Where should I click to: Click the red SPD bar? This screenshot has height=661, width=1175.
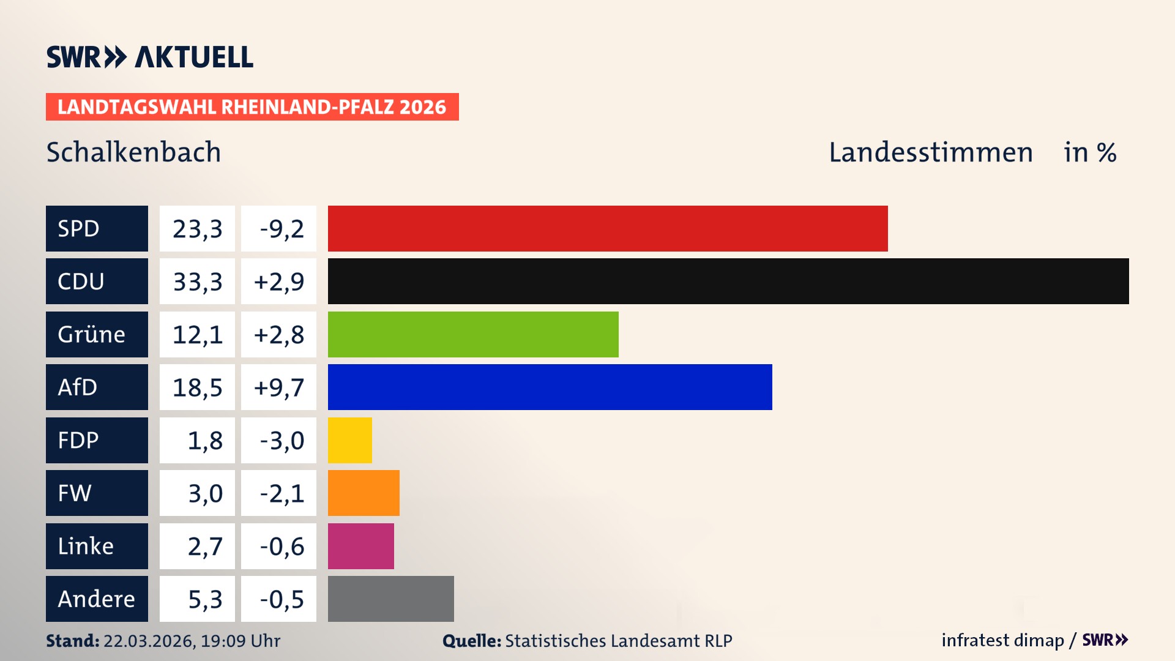tap(608, 228)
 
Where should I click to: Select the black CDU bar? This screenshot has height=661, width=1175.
tap(728, 281)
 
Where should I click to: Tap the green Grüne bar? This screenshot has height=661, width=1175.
tap(473, 334)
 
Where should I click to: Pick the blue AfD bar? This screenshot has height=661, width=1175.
tap(550, 387)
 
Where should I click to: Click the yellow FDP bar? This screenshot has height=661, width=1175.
tap(349, 440)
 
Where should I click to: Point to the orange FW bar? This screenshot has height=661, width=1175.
tap(364, 493)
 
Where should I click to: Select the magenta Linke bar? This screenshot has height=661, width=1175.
tap(360, 546)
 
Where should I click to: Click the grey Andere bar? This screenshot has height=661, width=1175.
tap(390, 599)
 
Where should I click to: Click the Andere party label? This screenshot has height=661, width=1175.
tap(97, 599)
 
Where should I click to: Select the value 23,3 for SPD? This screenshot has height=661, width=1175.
tap(197, 228)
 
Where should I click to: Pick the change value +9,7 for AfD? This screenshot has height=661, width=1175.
tap(278, 387)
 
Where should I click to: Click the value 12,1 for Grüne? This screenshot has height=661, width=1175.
tap(197, 334)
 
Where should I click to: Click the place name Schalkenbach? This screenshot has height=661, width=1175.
tap(133, 152)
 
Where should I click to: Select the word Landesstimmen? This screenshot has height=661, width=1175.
tap(930, 152)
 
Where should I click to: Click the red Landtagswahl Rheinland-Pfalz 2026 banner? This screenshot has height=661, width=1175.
tap(252, 106)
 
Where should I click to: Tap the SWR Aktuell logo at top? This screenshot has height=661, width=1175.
tap(149, 57)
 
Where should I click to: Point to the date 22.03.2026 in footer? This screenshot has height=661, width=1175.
tap(149, 641)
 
